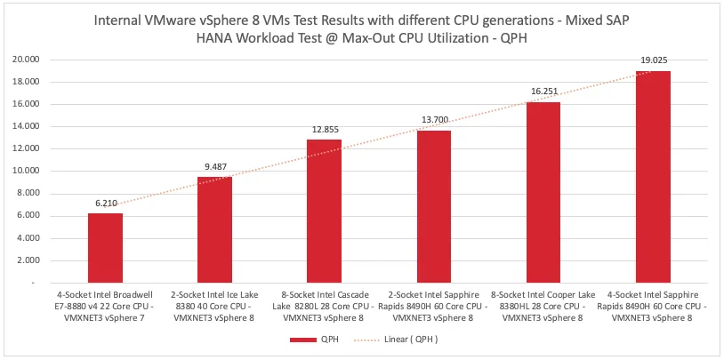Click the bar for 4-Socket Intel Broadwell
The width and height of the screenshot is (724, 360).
[105, 248]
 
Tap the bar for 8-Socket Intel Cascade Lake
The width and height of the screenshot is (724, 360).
[324, 211]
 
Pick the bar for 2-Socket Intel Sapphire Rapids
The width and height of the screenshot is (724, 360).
[433, 206]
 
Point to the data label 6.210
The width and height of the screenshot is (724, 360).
[105, 204]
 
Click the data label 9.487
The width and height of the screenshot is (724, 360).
[214, 167]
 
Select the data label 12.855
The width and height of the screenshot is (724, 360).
[324, 130]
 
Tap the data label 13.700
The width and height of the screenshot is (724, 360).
[433, 120]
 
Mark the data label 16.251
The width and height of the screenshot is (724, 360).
[543, 92]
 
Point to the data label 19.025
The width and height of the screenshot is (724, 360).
[653, 60]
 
